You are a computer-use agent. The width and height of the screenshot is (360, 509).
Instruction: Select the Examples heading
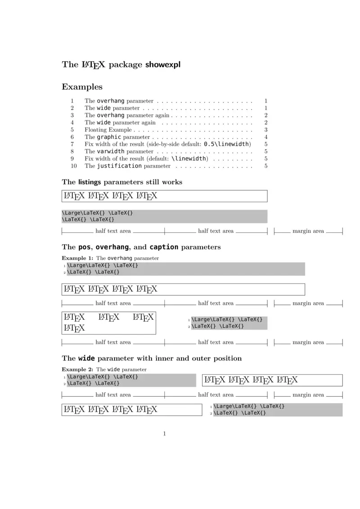(82, 87)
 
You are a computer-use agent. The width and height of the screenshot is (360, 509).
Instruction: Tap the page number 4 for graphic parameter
(266, 137)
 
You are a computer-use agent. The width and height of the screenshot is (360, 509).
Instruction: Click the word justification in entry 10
(119, 166)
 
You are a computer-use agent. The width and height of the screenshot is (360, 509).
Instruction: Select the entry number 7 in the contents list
(72, 144)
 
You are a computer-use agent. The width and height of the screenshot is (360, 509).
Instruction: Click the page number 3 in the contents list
(266, 129)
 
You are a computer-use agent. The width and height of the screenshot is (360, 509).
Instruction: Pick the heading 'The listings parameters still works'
(122, 182)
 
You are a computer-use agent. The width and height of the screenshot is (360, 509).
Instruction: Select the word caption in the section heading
(164, 247)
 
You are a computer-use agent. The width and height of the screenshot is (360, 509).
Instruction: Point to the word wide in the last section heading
(86, 358)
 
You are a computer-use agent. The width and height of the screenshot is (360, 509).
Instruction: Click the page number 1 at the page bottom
(165, 433)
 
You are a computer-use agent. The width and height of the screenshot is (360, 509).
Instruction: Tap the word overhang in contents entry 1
(111, 101)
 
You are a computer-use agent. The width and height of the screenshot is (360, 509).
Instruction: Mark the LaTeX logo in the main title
(93, 65)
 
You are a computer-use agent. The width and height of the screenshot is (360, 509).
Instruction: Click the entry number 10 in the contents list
(74, 166)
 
